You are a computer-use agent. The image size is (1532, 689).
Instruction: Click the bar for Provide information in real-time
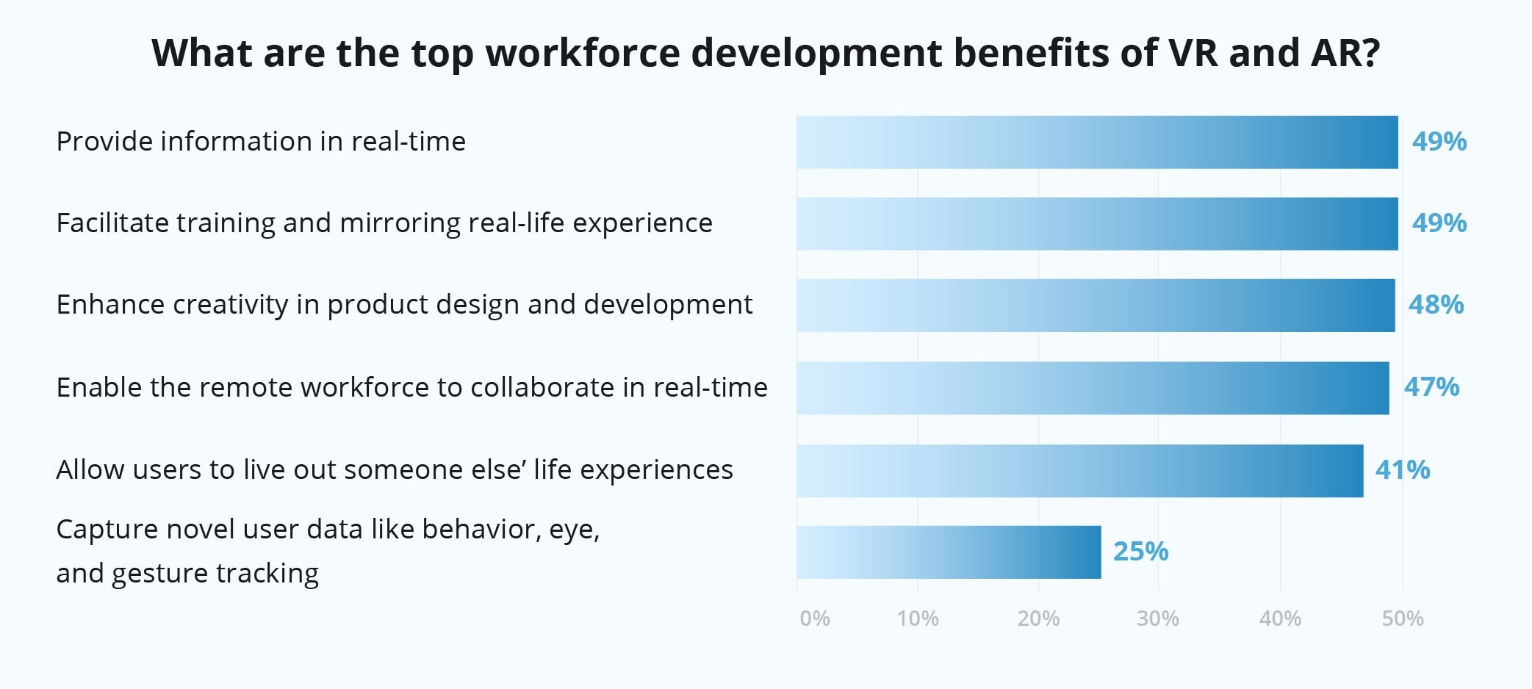pos(1097,142)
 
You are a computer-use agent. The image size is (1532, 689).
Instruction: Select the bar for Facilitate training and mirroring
pos(1097,223)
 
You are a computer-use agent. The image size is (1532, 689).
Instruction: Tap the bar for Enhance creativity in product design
pos(1096,305)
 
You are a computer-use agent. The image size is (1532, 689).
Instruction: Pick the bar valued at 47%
pos(1093,387)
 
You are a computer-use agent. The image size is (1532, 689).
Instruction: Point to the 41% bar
pos(1079,470)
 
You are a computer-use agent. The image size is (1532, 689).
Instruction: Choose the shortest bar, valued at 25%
pos(949,552)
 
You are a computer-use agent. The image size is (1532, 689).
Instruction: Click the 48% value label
pos(1436,305)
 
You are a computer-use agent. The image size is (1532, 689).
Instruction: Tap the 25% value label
pos(1140,552)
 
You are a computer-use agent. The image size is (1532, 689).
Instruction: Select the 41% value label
pos(1403,470)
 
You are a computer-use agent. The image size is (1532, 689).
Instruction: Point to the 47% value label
pos(1431,387)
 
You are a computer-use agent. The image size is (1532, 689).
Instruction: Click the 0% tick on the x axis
pos(815,618)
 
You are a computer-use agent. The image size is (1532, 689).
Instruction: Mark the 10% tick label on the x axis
pos(918,618)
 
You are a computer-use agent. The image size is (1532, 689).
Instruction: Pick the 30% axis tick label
pos(1158,618)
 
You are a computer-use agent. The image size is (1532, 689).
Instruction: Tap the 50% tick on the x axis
pos(1403,618)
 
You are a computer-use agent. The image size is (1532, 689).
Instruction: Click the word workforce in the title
pos(583,53)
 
